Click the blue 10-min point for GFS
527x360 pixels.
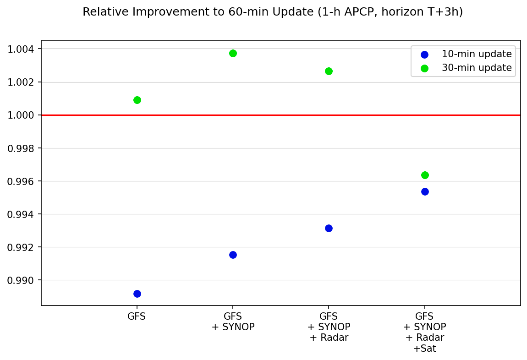point(137,294)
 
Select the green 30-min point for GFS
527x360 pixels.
point(137,100)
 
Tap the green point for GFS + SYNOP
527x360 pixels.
point(233,53)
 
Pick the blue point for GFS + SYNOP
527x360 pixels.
point(233,255)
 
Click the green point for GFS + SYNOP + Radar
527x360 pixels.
point(329,71)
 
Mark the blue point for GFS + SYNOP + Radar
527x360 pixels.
point(329,228)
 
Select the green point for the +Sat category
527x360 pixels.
point(425,175)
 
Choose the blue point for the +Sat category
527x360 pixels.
point(425,191)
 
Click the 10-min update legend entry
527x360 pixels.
point(476,54)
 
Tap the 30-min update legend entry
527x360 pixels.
point(476,68)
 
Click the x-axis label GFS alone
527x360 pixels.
point(137,316)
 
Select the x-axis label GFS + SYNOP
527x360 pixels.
point(233,322)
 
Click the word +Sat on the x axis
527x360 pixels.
point(424,349)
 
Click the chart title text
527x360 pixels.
point(273,12)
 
